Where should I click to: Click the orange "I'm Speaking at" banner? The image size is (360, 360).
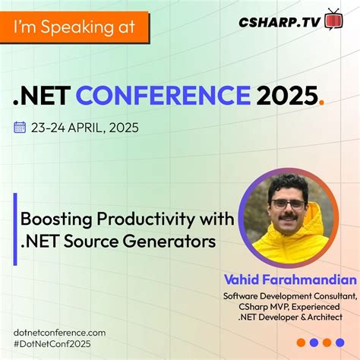click(x=74, y=28)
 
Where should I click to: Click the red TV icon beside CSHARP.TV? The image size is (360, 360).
click(x=333, y=19)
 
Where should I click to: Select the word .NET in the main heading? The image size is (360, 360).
click(x=43, y=96)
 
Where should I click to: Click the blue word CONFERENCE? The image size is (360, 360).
click(x=163, y=96)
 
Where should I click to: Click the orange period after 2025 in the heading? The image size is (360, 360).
click(x=322, y=103)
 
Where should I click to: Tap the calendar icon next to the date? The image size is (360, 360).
click(x=21, y=127)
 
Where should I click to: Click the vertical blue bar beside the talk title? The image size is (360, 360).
click(x=15, y=229)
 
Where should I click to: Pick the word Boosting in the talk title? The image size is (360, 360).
click(x=52, y=219)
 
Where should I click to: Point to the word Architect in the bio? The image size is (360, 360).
click(x=321, y=317)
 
